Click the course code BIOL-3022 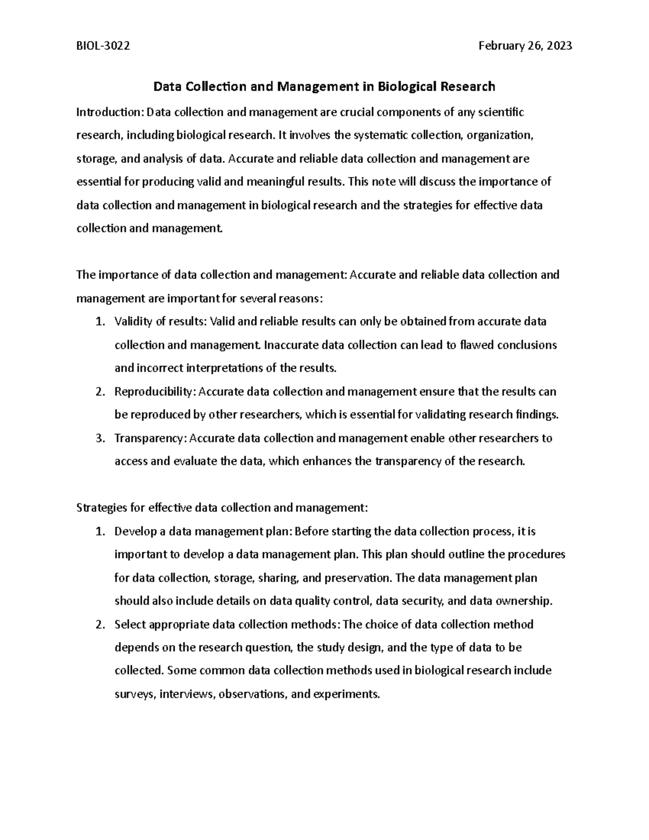103,46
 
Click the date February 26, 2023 525,46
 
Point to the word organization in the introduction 499,136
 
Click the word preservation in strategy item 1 357,578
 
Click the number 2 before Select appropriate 99,625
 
